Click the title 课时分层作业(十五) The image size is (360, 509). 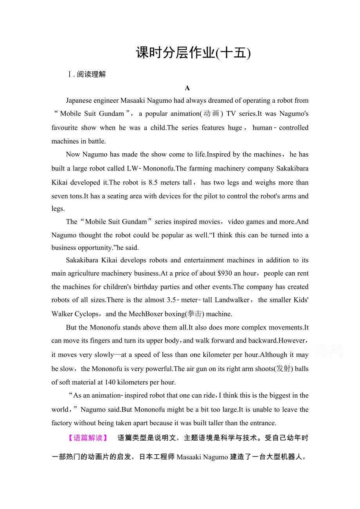click(193, 52)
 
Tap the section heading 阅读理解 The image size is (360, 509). click(91, 74)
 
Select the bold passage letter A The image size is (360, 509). click(187, 88)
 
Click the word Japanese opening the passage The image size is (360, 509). click(80, 101)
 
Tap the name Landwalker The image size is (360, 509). click(232, 300)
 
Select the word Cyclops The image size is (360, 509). click(87, 314)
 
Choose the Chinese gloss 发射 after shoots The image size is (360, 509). click(284, 369)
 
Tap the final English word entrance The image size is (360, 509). click(262, 423)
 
